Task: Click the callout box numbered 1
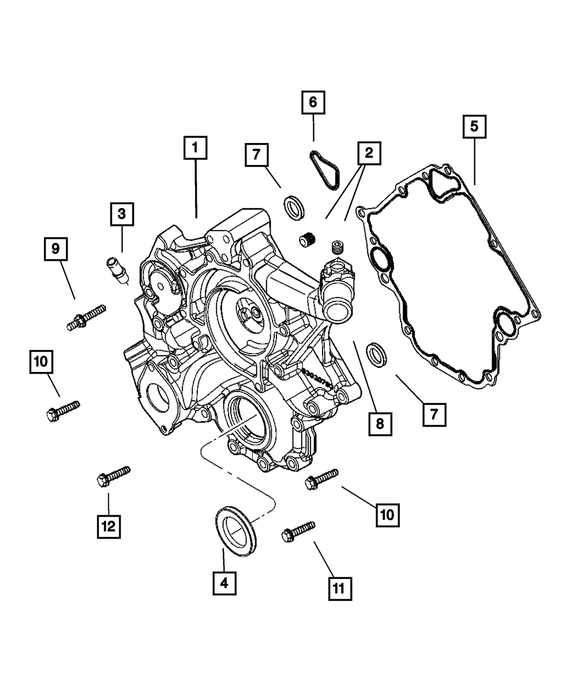[x=195, y=148]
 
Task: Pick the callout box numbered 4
[x=224, y=584]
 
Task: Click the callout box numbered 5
[x=474, y=126]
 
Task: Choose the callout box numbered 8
[x=379, y=424]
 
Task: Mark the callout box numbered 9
[x=55, y=249]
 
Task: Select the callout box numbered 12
[x=108, y=526]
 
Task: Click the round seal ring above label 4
[x=237, y=529]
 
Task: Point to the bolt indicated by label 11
[x=298, y=531]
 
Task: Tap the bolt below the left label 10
[x=62, y=411]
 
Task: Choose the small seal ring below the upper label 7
[x=295, y=206]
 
